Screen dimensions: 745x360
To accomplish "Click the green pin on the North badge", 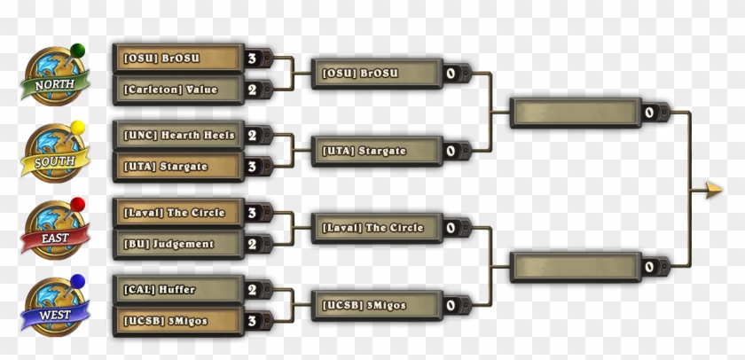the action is (77, 51).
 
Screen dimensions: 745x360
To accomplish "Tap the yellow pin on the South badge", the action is (77, 128).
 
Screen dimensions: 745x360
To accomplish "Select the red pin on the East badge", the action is (77, 205).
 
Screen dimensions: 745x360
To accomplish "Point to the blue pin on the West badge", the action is (77, 282).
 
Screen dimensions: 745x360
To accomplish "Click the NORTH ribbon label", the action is (55, 85).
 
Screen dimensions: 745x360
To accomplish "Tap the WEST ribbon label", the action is (55, 316).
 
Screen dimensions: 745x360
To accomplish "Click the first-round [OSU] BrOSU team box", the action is (178, 58).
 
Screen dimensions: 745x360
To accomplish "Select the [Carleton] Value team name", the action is (170, 90).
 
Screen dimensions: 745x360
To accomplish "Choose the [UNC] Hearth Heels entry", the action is (178, 136).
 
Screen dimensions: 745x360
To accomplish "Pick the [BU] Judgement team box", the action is (178, 244).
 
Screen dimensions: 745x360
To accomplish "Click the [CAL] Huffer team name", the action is (159, 290).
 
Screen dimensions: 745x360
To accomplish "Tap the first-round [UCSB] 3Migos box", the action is (178, 321).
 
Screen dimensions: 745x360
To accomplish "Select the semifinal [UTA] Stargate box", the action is (377, 151).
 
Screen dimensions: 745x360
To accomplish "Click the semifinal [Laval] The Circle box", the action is (377, 228).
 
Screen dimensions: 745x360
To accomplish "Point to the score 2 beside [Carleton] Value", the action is (252, 90).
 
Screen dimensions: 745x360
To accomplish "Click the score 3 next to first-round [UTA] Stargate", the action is (252, 167).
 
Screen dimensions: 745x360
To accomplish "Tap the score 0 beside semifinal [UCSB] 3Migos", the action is (451, 305).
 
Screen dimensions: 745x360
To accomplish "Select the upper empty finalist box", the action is (576, 113).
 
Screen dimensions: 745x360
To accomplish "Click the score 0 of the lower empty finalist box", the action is (649, 267).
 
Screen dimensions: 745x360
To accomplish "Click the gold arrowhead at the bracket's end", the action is (714, 190).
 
